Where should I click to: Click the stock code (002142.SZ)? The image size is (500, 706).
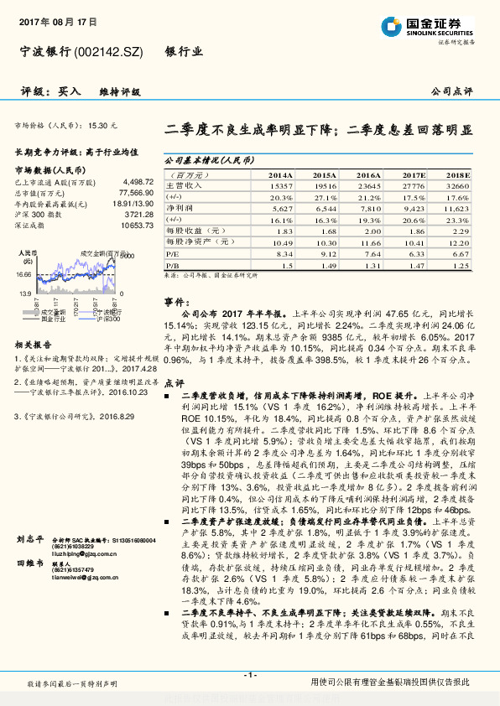point(109,52)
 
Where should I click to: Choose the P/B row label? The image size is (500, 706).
point(172,264)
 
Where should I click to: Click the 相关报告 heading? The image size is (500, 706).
point(34,344)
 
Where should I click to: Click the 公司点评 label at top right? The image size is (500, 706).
point(452,91)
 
